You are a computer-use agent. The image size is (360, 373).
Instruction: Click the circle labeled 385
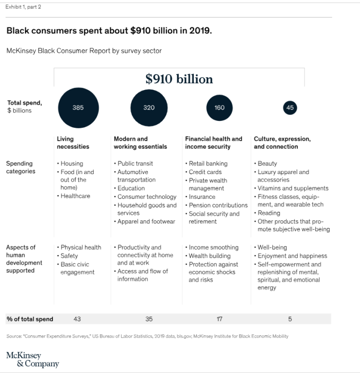78,107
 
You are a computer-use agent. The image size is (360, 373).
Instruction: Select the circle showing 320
149,107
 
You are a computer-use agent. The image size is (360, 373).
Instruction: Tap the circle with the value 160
220,107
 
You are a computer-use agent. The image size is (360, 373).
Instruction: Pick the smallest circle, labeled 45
290,107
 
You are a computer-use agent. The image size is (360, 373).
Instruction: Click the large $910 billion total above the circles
179,79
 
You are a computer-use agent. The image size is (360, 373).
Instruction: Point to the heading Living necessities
73,143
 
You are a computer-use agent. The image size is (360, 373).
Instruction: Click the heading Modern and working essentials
140,143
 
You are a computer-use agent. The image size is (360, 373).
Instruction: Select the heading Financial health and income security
213,143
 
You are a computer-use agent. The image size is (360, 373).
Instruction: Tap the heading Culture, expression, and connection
282,143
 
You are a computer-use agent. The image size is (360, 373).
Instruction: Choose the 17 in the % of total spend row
220,319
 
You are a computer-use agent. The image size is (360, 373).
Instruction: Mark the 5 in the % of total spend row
290,319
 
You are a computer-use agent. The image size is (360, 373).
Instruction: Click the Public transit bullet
135,164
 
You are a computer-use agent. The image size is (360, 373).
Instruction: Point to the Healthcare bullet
75,196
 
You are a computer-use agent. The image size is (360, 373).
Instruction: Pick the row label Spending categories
20,167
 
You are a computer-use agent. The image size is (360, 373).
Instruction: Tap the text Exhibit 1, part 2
23,7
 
